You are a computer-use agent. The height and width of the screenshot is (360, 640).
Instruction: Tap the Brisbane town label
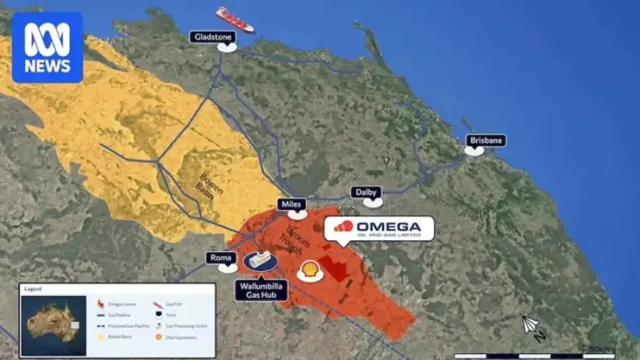[486, 140]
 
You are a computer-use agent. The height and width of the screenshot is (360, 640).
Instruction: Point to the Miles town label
[292, 204]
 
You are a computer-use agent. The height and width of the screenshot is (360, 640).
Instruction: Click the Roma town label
[222, 258]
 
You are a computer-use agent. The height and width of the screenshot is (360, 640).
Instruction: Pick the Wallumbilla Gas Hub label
[261, 289]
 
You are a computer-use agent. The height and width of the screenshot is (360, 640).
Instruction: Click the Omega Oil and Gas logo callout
[378, 227]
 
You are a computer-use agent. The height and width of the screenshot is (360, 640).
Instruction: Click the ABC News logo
[47, 47]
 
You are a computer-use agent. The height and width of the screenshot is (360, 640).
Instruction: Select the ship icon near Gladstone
[234, 19]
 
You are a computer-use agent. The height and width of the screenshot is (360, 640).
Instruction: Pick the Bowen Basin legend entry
[116, 337]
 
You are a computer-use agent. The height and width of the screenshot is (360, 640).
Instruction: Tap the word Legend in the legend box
[33, 289]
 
